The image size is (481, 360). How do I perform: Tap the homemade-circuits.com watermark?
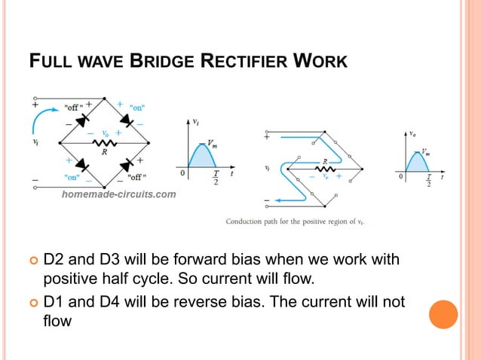pos(118,194)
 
